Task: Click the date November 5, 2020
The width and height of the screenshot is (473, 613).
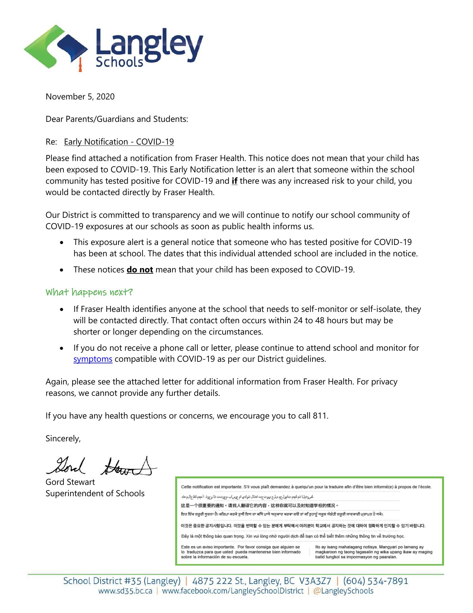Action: [x=80, y=97]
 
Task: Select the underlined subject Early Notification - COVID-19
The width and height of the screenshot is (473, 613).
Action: [x=119, y=142]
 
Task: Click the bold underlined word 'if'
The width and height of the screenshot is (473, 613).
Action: [x=234, y=181]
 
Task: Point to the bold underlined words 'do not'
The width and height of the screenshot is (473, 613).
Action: [x=140, y=270]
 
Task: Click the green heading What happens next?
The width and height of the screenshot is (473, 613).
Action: [x=89, y=292]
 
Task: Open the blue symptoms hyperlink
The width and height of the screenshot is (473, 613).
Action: [x=93, y=359]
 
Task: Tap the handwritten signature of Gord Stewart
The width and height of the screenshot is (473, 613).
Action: [x=101, y=466]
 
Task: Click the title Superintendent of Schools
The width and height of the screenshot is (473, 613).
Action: [x=95, y=493]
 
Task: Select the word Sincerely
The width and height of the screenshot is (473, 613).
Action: [x=63, y=438]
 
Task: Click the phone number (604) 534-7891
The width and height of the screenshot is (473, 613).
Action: [x=376, y=581]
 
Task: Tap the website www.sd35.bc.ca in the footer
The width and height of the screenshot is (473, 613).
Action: [x=125, y=591]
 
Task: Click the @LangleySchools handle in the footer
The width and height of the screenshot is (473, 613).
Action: [x=343, y=591]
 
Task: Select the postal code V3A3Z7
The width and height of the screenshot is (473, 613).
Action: [x=315, y=581]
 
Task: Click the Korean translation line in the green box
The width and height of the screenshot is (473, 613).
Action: [x=303, y=526]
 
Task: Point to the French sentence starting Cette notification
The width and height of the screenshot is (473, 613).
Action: [x=306, y=487]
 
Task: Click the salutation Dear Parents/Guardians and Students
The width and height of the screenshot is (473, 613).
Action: [x=117, y=119]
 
